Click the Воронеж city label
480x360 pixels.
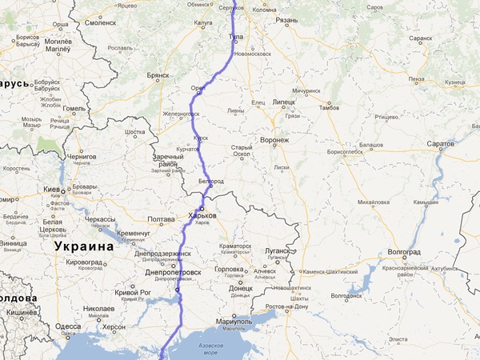275,140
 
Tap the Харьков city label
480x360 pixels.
202,216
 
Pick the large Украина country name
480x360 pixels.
85,246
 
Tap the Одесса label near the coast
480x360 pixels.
68,326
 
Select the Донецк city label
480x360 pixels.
240,288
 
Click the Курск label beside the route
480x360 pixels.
200,137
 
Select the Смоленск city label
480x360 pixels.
102,23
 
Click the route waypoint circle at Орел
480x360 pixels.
198,92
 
